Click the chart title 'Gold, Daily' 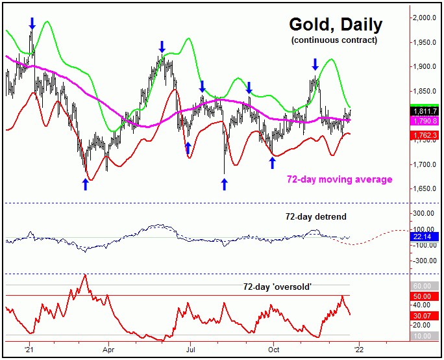point(336,25)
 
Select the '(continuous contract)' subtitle point(335,41)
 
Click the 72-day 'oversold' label point(278,286)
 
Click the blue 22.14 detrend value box point(425,238)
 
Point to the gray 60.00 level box point(425,286)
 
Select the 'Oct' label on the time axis point(273,347)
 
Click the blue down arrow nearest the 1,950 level point(162,46)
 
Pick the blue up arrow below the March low point(85,184)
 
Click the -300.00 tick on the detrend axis point(425,261)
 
